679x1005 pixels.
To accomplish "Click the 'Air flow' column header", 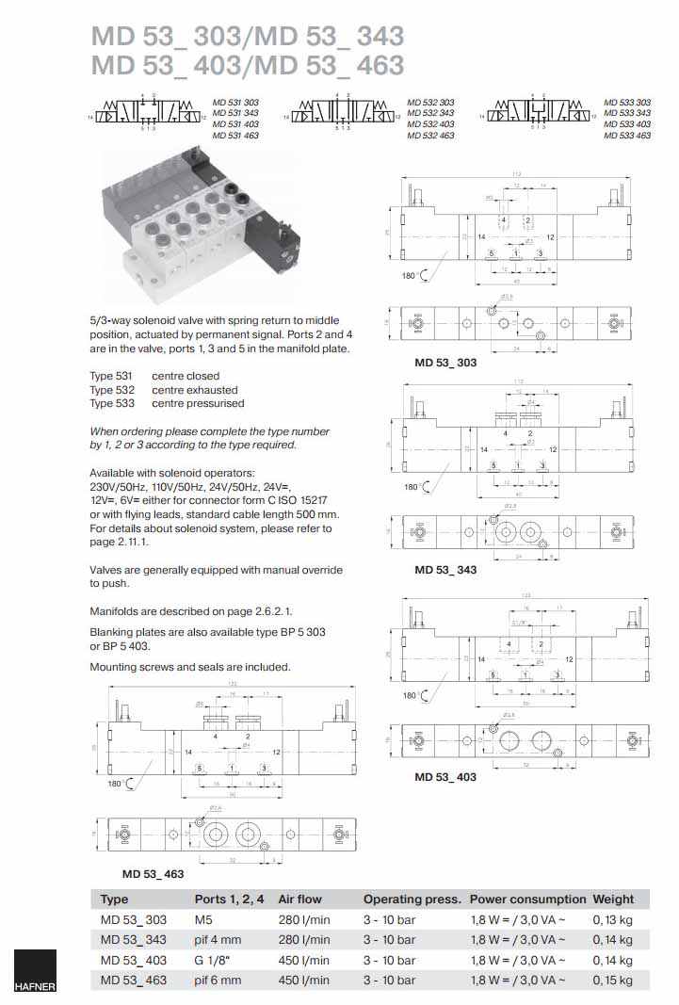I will (x=299, y=899).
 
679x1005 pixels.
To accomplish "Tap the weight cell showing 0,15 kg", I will (x=612, y=981).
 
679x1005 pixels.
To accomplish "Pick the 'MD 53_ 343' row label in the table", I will (x=133, y=939).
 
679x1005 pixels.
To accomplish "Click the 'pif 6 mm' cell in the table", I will (x=218, y=981).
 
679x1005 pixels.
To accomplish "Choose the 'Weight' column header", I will (x=613, y=899).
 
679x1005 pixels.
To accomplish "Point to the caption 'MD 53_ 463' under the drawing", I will (x=153, y=874).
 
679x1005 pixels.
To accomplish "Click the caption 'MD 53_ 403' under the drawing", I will (x=445, y=777).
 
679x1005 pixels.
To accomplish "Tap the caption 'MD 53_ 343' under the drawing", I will (x=445, y=570).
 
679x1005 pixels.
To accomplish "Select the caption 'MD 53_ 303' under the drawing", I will (x=445, y=362).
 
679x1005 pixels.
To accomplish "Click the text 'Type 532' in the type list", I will (x=112, y=390).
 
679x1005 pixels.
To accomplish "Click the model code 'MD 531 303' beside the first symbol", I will (x=235, y=102).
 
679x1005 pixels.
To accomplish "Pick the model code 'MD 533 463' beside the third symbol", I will (x=627, y=136).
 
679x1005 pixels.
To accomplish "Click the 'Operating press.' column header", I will (x=412, y=899).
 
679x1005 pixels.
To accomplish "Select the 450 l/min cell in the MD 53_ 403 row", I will (x=304, y=960).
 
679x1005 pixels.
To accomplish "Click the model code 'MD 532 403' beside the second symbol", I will (x=430, y=124).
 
